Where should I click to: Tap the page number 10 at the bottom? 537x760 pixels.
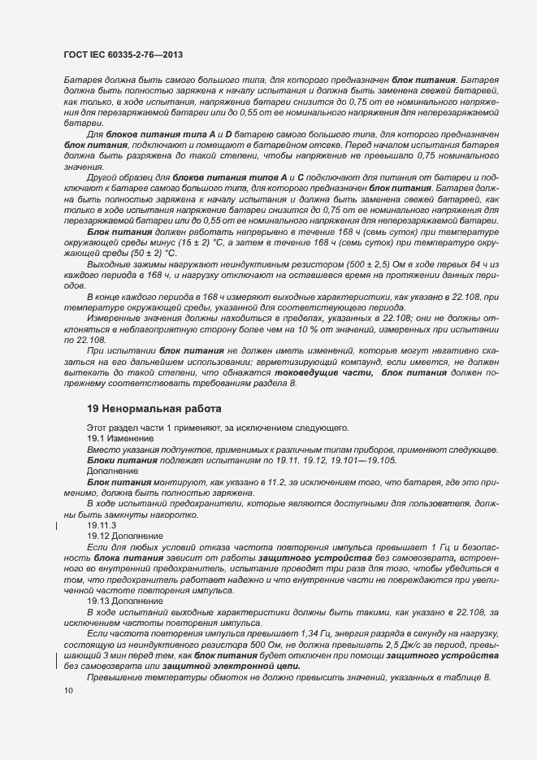coord(68,690)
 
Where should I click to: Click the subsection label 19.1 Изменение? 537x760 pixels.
coord(120,438)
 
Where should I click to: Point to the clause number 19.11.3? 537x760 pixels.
coord(102,525)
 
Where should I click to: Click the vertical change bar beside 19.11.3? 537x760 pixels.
coord(56,525)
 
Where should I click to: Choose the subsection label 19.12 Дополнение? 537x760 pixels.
coord(125,536)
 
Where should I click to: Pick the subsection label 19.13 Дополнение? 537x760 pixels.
coord(125,601)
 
